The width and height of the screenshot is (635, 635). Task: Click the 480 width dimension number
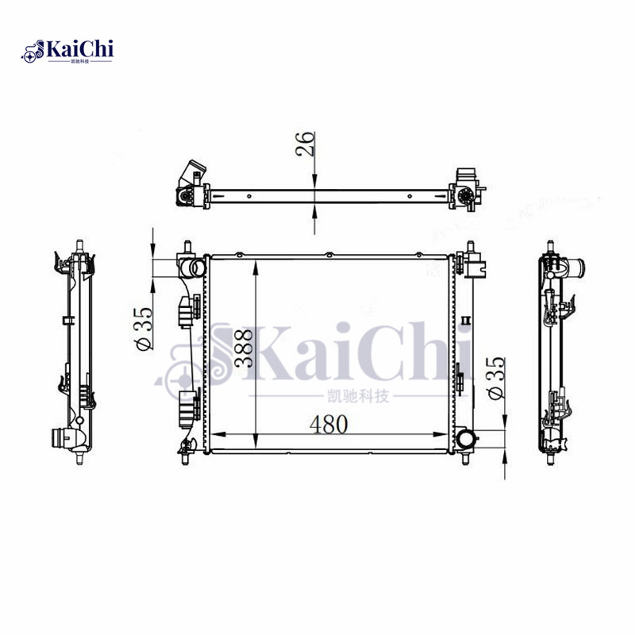329,425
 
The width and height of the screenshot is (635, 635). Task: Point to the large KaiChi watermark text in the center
333,356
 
